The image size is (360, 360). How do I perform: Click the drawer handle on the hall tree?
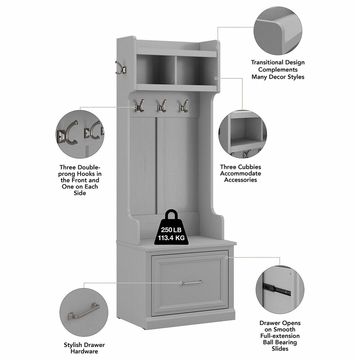tap(191, 283)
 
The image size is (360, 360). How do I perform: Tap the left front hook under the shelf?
tap(139, 106)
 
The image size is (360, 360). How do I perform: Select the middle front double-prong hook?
tap(161, 106)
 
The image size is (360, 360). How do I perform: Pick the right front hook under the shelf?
tap(184, 106)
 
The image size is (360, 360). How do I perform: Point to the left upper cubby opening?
tap(156, 70)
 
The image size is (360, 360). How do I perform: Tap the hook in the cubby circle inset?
tap(247, 154)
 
